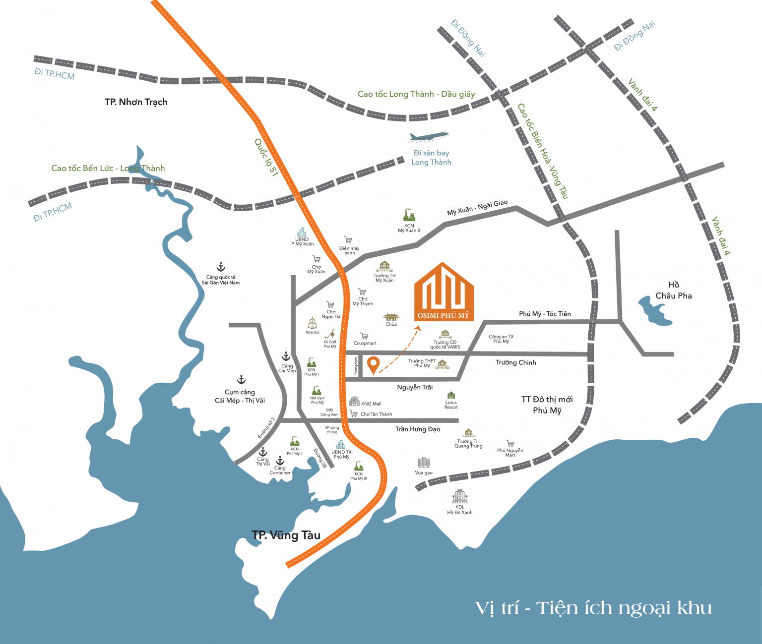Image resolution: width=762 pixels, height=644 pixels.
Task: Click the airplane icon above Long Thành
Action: pos(429,136)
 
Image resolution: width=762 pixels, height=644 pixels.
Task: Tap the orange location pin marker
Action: pos(373,365)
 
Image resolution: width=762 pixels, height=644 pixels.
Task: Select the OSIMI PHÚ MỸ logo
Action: pos(444,293)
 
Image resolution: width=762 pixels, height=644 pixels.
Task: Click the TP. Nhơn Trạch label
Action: pos(136,102)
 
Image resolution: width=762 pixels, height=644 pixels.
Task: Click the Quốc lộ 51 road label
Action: pos(266,157)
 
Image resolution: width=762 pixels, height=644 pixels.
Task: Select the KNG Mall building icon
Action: pos(354,402)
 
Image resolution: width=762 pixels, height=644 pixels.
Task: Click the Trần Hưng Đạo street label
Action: pos(418,429)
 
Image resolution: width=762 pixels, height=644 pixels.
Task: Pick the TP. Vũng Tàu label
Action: pos(286,535)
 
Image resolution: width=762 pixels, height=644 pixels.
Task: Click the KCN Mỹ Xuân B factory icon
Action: pos(409,215)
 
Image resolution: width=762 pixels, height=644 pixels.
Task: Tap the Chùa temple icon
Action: pos(391,317)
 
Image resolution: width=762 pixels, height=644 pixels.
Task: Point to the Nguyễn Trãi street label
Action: pos(415,387)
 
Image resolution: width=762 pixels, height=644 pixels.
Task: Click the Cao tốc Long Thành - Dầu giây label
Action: pos(416,94)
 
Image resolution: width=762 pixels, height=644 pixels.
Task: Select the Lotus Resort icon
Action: pos(451,395)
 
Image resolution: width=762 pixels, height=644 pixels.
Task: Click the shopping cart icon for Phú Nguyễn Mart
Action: pos(510,443)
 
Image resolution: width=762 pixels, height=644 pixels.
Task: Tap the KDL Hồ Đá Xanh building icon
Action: pos(459,496)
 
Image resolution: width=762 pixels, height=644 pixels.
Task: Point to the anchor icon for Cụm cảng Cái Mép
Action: pos(241,380)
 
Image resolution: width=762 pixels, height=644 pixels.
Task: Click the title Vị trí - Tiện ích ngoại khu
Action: pos(593,608)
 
